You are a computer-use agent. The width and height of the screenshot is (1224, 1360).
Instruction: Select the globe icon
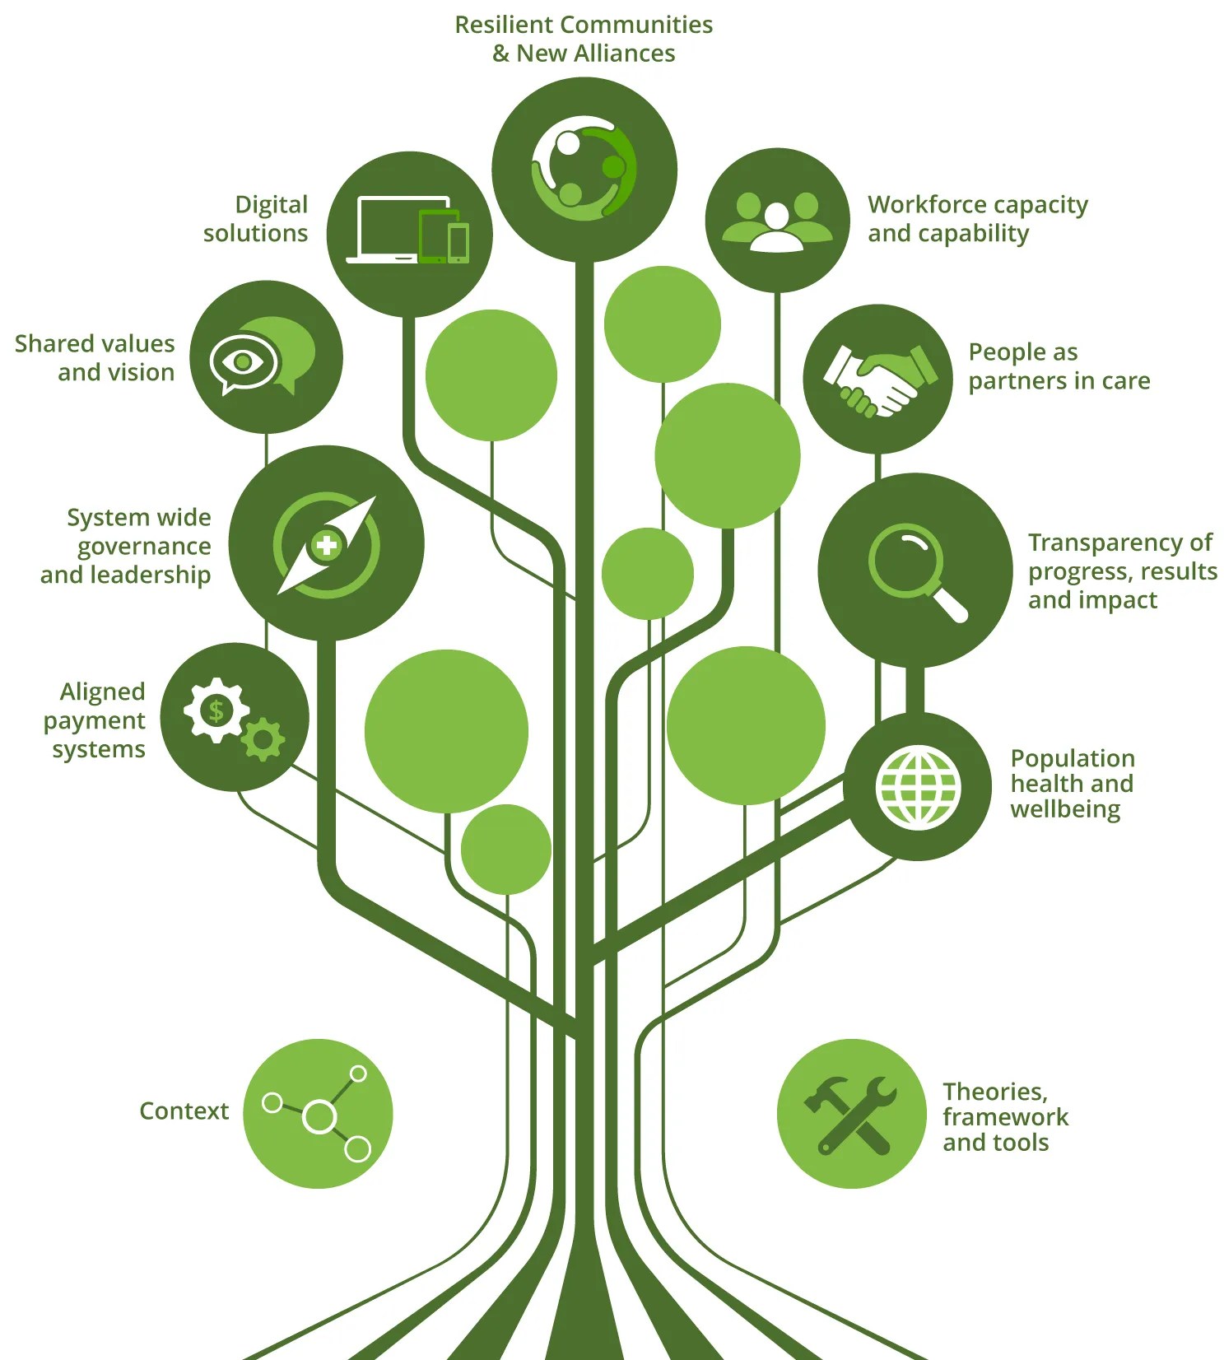[918, 787]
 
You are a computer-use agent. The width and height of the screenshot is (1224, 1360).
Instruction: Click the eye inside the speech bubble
[243, 362]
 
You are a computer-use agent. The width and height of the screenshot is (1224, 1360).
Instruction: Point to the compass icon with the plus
[327, 544]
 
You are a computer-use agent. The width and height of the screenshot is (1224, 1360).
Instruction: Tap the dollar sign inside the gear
[216, 710]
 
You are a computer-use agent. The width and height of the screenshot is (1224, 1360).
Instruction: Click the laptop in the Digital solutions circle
[395, 229]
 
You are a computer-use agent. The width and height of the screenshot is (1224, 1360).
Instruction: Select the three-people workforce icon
[777, 220]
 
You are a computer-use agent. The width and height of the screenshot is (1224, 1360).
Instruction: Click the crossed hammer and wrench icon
[851, 1114]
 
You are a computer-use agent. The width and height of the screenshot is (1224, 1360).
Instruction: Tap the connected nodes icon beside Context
[318, 1114]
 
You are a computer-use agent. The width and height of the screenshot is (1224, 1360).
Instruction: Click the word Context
[184, 1111]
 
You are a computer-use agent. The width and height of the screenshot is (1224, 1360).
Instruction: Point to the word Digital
[271, 205]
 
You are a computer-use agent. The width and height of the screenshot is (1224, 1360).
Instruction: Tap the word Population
[1072, 758]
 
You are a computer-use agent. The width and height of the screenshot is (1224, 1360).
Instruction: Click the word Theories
[994, 1092]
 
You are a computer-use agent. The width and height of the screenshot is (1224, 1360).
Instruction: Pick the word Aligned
[102, 692]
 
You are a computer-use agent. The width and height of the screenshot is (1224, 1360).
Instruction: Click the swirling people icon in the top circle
[584, 169]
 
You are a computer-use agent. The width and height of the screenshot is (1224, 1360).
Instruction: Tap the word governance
[144, 547]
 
